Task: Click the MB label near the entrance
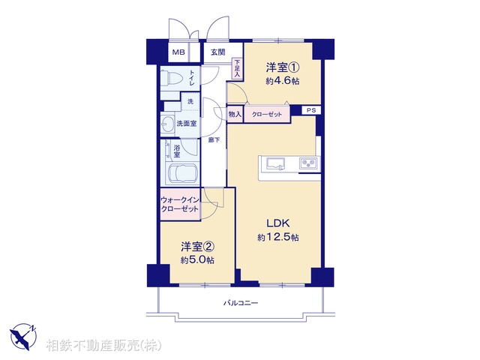tap(178, 52)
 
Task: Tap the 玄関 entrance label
tap(217, 52)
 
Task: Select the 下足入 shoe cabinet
tap(237, 69)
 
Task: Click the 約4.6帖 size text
tap(281, 81)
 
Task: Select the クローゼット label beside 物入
tap(267, 114)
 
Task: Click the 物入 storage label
tap(235, 114)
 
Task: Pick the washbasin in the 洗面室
tap(166, 124)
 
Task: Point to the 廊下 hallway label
tap(214, 139)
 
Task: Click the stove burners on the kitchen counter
tap(308, 163)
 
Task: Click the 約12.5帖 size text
tap(278, 238)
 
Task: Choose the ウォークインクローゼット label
tap(180, 204)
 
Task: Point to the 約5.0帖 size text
tap(197, 260)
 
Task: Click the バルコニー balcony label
tap(241, 303)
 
